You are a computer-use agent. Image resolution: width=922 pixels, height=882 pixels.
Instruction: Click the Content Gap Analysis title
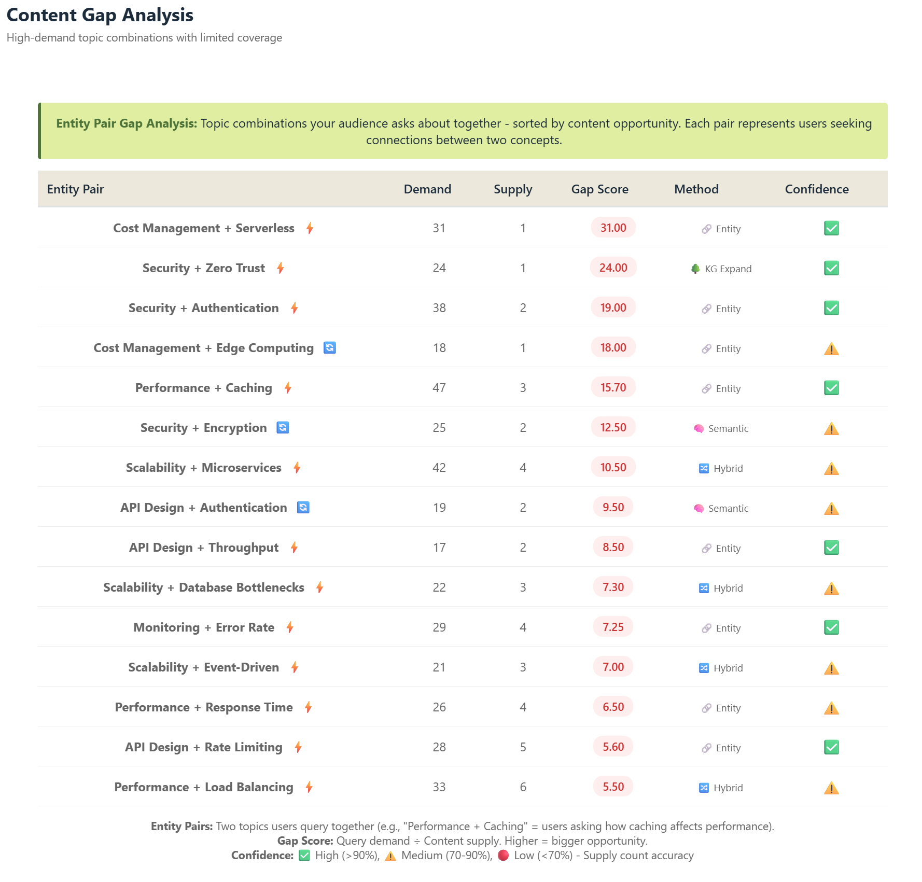pyautogui.click(x=100, y=16)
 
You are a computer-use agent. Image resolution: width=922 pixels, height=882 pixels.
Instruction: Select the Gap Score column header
pyautogui.click(x=599, y=189)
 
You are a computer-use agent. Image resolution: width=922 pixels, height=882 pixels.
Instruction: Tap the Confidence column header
pyautogui.click(x=816, y=189)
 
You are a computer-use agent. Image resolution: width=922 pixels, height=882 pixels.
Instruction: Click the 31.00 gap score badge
pyautogui.click(x=613, y=228)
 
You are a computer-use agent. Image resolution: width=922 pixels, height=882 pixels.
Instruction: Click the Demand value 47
pyautogui.click(x=439, y=388)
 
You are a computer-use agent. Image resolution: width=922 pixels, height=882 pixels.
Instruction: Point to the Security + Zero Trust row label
pyautogui.click(x=203, y=268)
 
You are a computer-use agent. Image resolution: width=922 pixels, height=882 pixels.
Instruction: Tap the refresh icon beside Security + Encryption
pyautogui.click(x=283, y=428)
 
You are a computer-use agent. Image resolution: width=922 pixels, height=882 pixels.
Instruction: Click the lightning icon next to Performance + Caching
pyautogui.click(x=288, y=388)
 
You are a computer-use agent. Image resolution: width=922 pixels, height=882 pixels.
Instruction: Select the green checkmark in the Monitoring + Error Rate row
pyautogui.click(x=831, y=627)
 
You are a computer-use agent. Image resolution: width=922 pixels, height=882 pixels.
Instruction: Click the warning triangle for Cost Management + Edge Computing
pyautogui.click(x=831, y=349)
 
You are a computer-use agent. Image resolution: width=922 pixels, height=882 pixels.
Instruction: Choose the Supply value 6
pyautogui.click(x=523, y=787)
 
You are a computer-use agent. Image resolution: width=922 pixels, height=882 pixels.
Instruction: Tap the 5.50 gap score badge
pyautogui.click(x=613, y=787)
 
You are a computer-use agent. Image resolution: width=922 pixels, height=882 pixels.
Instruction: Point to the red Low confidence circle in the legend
pyautogui.click(x=503, y=856)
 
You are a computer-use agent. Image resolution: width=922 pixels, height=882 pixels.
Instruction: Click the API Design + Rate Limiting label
pyautogui.click(x=203, y=747)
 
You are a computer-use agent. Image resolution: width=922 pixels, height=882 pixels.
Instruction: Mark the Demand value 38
pyautogui.click(x=439, y=308)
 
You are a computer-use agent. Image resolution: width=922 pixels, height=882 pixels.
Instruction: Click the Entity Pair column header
pyautogui.click(x=75, y=189)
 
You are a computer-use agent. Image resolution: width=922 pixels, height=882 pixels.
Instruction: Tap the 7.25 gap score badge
pyautogui.click(x=613, y=627)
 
